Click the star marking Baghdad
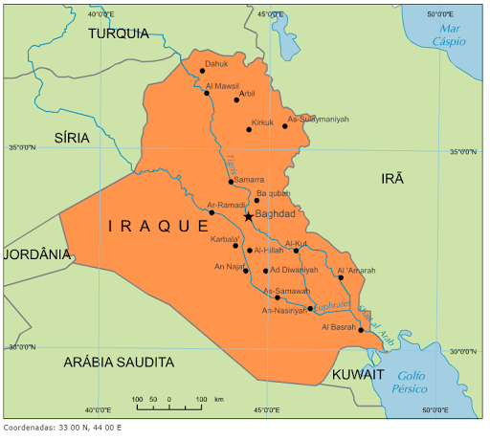tap(249, 216)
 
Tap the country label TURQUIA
tap(119, 33)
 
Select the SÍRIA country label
tap(72, 138)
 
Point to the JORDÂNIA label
tap(37, 254)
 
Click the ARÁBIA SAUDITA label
tap(119, 363)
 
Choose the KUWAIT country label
tap(358, 374)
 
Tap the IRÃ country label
tap(393, 179)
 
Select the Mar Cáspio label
tap(450, 35)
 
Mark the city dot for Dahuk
tap(202, 71)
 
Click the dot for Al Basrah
tap(361, 330)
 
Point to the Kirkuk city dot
tap(249, 129)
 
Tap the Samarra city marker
tap(232, 181)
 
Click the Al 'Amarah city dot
tap(340, 277)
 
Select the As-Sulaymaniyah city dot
tap(285, 125)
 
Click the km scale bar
tap(169, 407)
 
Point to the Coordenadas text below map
tap(62, 428)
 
